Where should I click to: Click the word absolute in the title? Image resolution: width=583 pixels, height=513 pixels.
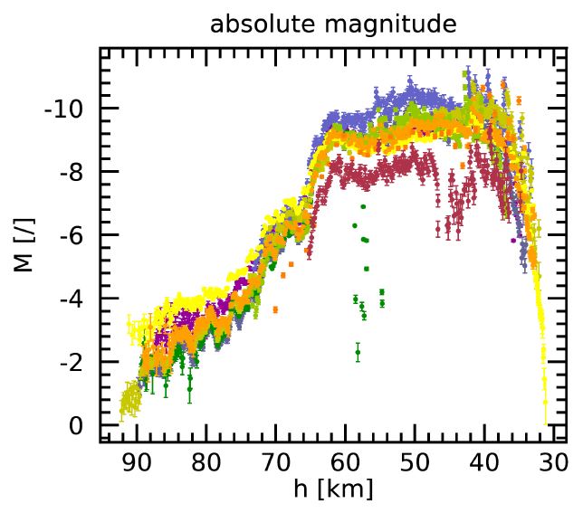tap(256, 24)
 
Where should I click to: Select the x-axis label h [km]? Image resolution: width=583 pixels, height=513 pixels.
tap(333, 489)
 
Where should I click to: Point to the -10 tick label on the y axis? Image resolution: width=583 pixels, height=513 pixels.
tap(64, 109)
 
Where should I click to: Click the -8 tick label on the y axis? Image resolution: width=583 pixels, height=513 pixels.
tap(72, 172)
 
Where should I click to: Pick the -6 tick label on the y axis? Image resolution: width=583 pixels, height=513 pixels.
tap(72, 235)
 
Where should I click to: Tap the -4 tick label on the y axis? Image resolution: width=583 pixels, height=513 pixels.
tap(72, 299)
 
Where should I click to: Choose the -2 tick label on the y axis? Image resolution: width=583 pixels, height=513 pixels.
tap(72, 362)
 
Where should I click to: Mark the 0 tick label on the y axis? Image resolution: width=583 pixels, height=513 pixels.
tap(77, 425)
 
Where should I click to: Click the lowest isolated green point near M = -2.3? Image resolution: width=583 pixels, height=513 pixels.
tap(358, 352)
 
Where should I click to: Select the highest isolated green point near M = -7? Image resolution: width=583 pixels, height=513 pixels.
tap(362, 207)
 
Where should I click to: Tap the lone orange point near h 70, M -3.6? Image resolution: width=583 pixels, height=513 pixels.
tap(275, 309)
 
